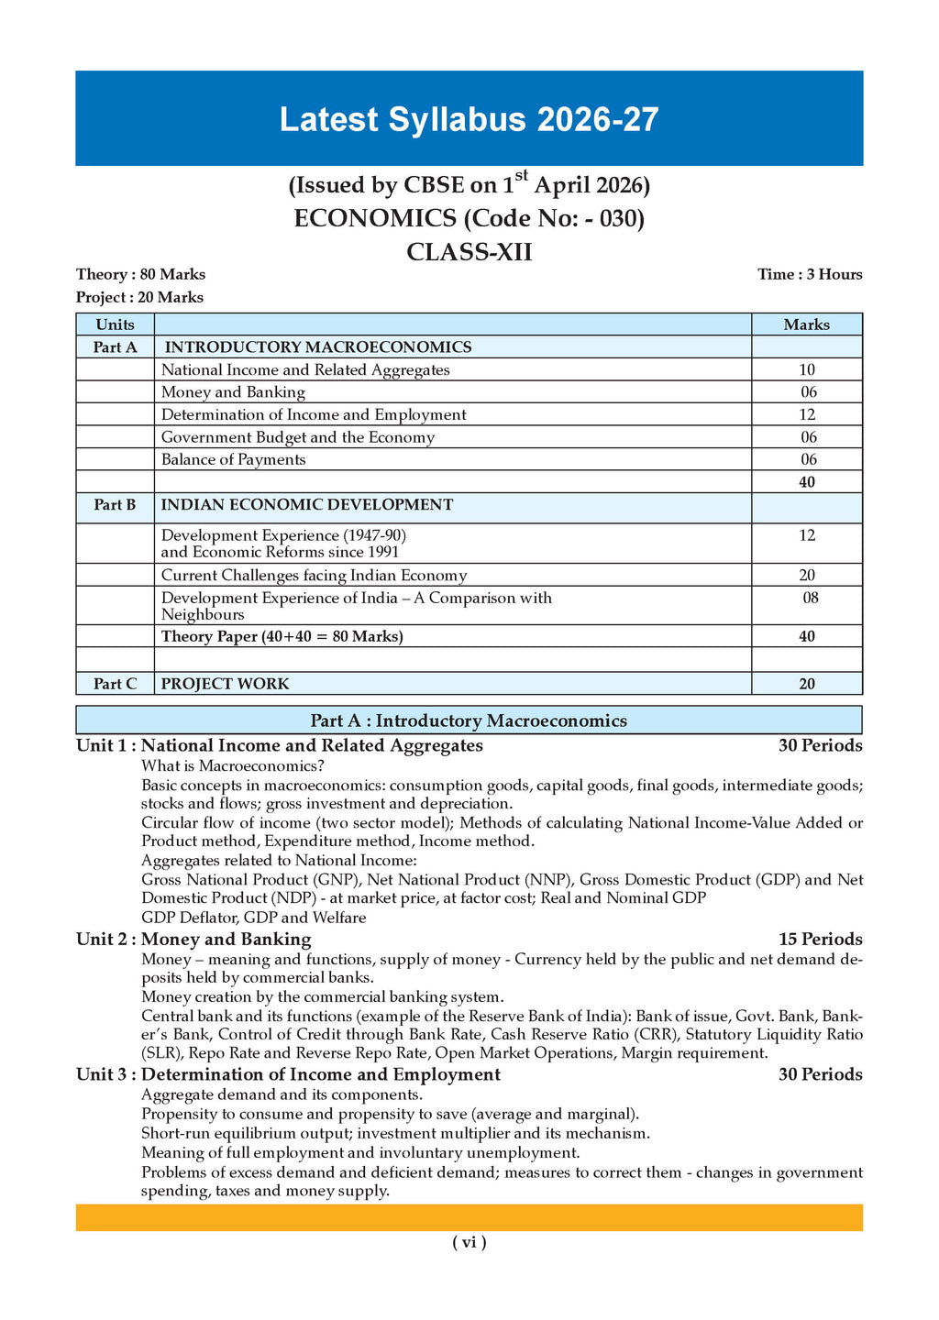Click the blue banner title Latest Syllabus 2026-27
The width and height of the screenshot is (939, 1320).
tap(469, 120)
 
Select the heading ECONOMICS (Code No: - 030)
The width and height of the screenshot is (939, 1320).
tap(469, 218)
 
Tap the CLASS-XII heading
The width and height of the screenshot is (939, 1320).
tap(469, 251)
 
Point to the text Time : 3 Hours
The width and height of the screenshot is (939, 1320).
tap(810, 274)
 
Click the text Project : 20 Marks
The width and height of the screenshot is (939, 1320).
tap(139, 297)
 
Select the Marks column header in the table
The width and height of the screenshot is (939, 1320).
tap(806, 324)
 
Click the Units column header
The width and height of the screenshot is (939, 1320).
tap(115, 324)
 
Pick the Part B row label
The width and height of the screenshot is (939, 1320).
tap(115, 504)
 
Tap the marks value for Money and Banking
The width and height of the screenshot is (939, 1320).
tap(807, 392)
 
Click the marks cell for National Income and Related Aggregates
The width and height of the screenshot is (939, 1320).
tap(807, 369)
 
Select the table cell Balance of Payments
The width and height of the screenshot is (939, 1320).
tap(234, 459)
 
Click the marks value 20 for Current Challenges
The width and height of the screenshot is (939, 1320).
tap(807, 576)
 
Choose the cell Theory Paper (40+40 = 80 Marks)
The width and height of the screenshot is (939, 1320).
tap(282, 636)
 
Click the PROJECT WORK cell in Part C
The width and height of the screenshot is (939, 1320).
tap(225, 684)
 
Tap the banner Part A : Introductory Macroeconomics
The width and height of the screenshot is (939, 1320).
tap(469, 720)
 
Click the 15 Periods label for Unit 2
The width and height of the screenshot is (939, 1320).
tap(820, 939)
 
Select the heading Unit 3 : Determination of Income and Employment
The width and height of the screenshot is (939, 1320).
tap(289, 1073)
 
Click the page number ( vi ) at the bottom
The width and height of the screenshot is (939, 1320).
tap(469, 1242)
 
